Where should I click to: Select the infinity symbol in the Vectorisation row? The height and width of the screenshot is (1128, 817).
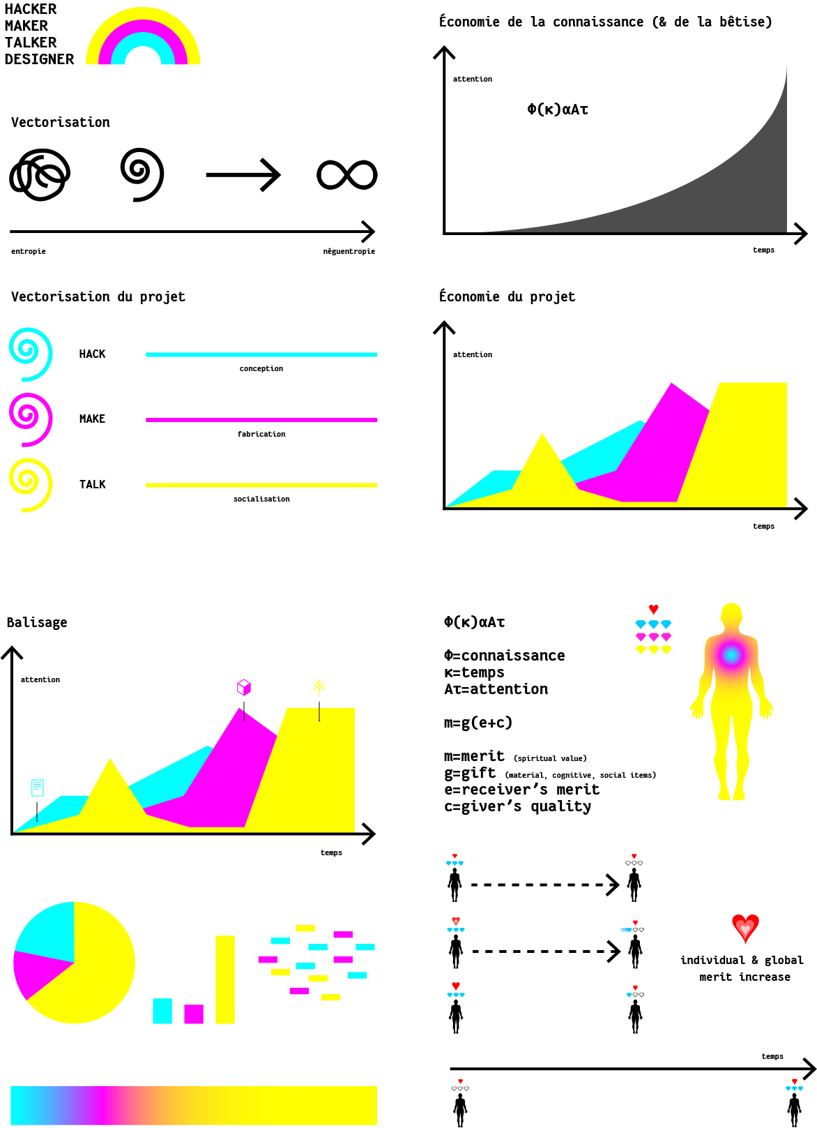click(347, 175)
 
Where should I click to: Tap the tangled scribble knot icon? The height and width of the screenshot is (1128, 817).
click(40, 174)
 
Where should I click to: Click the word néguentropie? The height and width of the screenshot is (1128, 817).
click(349, 251)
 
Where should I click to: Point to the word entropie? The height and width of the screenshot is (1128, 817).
click(29, 251)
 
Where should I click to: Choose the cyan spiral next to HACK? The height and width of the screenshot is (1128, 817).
click(31, 354)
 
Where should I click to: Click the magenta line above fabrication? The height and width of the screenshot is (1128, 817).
click(261, 420)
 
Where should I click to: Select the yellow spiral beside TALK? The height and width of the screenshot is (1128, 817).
click(31, 485)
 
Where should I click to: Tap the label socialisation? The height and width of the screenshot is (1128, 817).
click(261, 499)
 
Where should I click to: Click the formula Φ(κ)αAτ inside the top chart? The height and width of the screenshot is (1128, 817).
click(558, 109)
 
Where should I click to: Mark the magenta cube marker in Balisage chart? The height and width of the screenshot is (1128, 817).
click(244, 688)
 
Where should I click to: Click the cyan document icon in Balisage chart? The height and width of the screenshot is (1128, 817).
click(38, 788)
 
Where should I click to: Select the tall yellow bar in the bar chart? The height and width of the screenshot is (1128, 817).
click(225, 979)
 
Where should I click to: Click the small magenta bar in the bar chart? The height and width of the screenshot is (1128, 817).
click(194, 1014)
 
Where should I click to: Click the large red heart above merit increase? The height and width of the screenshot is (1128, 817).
click(745, 928)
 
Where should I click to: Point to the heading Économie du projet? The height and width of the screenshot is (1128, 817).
click(507, 296)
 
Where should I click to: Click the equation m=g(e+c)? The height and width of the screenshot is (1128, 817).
click(478, 723)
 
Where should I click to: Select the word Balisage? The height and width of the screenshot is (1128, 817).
click(37, 622)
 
